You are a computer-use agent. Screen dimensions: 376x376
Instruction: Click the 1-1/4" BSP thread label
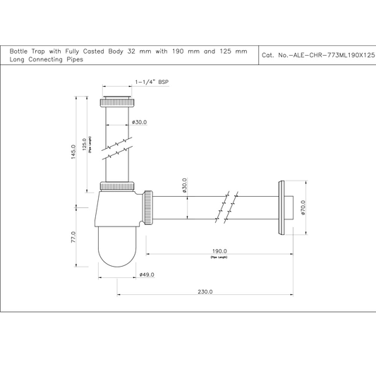(x=152, y=83)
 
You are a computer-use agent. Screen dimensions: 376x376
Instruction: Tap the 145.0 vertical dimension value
(x=73, y=153)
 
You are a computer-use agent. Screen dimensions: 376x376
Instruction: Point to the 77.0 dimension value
(x=73, y=238)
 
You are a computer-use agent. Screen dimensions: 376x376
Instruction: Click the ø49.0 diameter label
(x=147, y=274)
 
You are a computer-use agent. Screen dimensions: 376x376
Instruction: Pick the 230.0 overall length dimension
(x=205, y=291)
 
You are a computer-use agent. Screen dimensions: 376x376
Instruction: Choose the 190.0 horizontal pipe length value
(x=219, y=251)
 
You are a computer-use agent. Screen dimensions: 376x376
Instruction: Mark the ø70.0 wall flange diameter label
(x=303, y=208)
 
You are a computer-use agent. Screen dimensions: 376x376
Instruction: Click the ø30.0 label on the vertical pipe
(x=139, y=122)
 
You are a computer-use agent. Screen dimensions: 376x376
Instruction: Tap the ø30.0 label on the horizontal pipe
(x=184, y=186)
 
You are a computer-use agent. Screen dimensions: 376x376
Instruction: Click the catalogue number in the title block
(x=317, y=54)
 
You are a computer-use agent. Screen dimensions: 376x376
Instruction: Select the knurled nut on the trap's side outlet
(x=149, y=207)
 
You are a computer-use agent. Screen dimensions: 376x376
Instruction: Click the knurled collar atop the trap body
(x=117, y=187)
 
